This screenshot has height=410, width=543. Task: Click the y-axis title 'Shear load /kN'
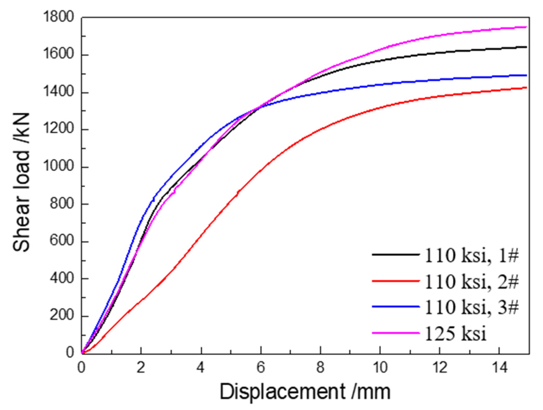(x=21, y=182)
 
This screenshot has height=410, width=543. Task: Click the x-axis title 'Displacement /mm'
(x=305, y=391)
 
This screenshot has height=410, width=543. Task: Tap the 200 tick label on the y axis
(x=62, y=315)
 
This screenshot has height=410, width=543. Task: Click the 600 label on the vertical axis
(x=62, y=241)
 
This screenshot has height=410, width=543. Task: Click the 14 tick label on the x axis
(x=499, y=367)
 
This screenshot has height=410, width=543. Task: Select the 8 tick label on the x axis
(x=321, y=367)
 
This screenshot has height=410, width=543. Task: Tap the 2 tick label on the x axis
(x=141, y=367)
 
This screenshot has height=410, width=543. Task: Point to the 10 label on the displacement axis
(x=380, y=367)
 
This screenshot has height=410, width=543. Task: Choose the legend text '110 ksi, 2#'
(x=471, y=282)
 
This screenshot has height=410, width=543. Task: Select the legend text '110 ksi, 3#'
(x=471, y=307)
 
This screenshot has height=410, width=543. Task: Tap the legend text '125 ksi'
(x=455, y=333)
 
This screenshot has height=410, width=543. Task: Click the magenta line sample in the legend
(x=396, y=333)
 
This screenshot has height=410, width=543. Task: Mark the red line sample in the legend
(x=396, y=281)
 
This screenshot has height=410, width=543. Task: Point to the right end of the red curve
(x=526, y=88)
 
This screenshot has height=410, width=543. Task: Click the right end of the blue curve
(x=526, y=75)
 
